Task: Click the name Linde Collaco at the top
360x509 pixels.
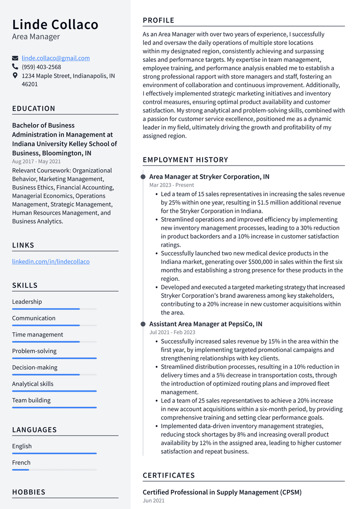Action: tap(55, 24)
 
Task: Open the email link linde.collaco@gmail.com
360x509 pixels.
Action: tap(56, 58)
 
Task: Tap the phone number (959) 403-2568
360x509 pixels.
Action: tap(41, 67)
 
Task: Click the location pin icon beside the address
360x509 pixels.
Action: tap(15, 75)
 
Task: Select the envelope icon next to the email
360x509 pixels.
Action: tap(15, 58)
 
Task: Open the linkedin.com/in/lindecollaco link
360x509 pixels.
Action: tap(51, 262)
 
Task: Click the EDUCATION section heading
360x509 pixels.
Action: tap(34, 108)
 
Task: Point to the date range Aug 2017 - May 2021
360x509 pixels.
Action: tap(36, 162)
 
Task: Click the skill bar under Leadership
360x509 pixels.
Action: tap(54, 309)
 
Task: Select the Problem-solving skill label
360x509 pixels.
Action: tap(34, 351)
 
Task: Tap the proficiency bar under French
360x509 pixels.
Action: tap(54, 470)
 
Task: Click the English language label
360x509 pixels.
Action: tap(22, 446)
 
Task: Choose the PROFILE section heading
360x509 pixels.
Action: tap(158, 20)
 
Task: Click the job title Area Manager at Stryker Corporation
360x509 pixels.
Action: tap(209, 177)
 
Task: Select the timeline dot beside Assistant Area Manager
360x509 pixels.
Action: tap(143, 324)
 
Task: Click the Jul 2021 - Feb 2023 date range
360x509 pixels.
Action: tap(172, 332)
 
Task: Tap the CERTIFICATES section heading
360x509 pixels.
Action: tap(169, 475)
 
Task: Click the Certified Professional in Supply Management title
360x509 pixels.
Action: tap(222, 492)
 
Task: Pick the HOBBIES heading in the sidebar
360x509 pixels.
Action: tap(29, 492)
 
